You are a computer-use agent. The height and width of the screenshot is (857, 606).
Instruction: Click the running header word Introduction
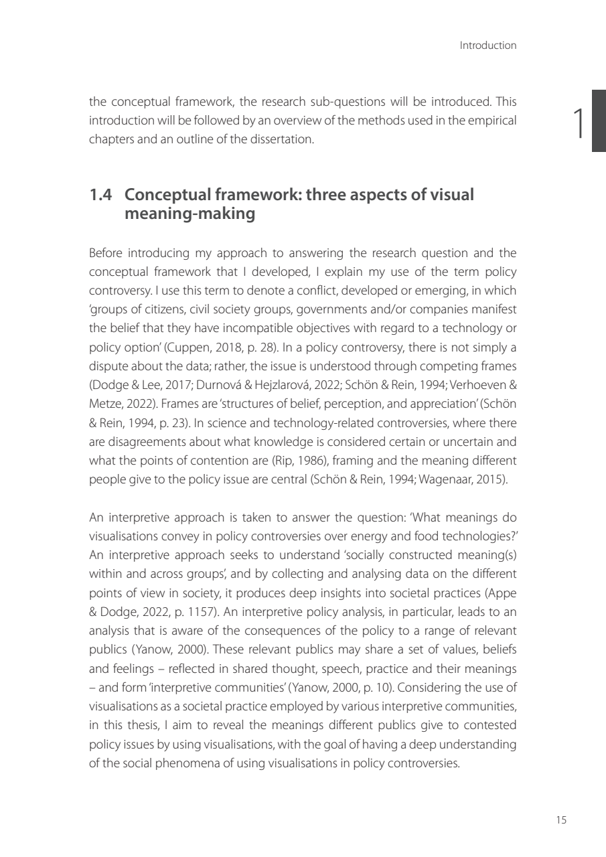pyautogui.click(x=488, y=46)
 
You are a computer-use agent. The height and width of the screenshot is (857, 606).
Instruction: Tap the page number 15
pyautogui.click(x=561, y=820)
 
